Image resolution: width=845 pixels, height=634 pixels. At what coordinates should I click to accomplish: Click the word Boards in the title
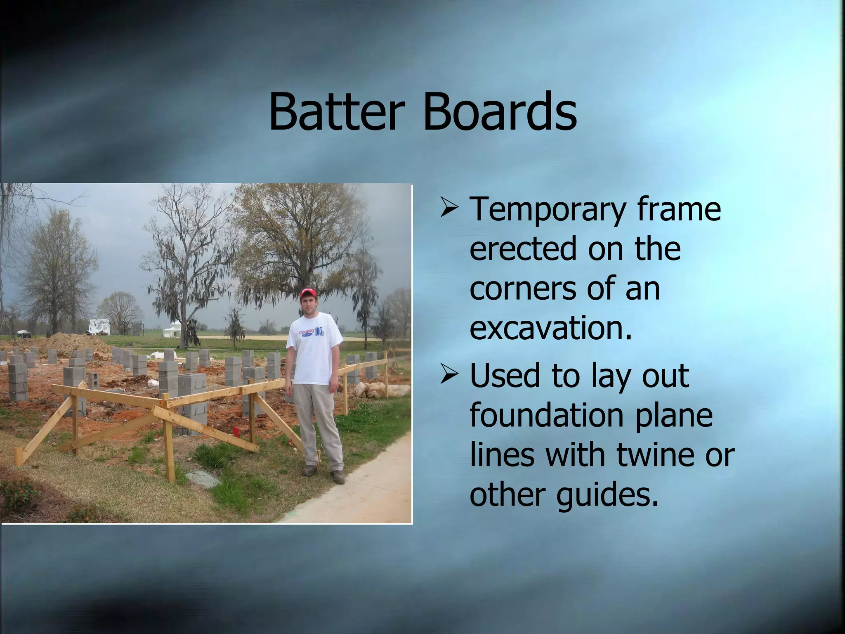[x=500, y=111]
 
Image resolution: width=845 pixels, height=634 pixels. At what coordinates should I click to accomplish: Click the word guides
[x=607, y=494]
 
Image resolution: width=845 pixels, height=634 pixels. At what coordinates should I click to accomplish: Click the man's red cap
[x=308, y=293]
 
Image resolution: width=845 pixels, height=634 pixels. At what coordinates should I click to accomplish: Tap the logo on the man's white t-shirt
[x=313, y=332]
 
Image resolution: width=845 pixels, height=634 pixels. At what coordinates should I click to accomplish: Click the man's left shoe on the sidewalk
[x=337, y=477]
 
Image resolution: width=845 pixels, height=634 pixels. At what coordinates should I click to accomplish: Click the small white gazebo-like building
[x=172, y=330]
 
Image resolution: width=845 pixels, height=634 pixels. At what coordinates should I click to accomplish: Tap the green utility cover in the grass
[x=203, y=479]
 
